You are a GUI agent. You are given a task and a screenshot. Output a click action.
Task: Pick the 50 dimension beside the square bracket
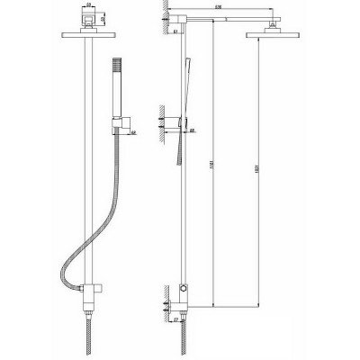coord(105,19)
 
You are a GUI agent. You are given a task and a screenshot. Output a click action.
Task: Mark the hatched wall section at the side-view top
coord(164,19)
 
